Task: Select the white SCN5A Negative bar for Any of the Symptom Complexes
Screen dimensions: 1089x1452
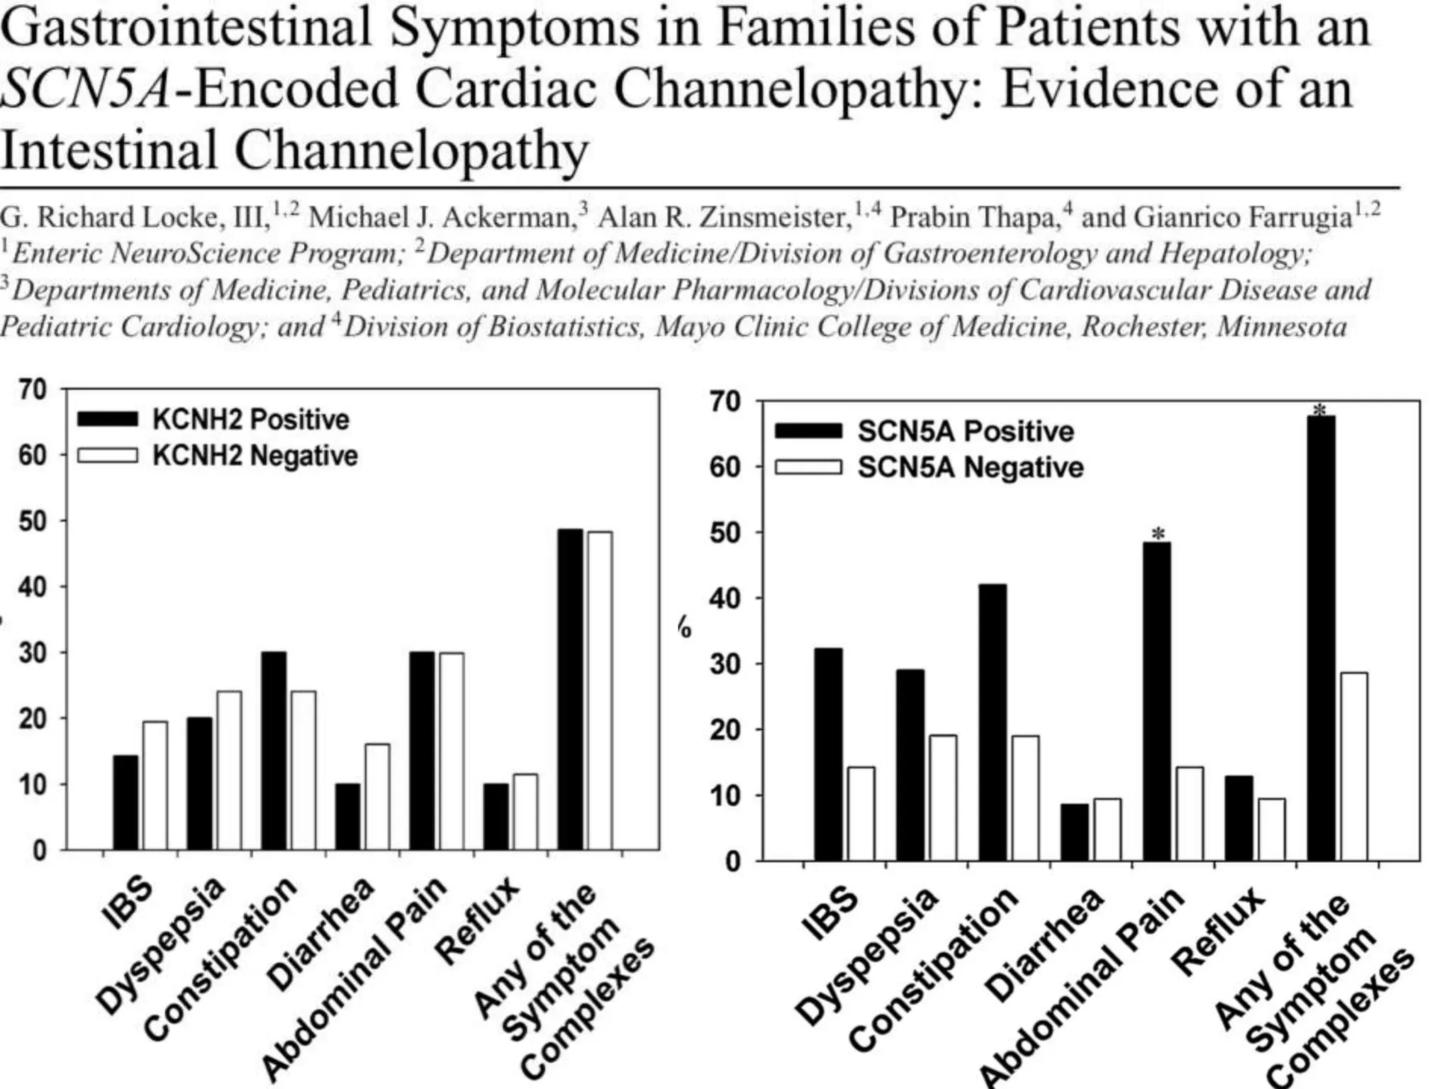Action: [1353, 766]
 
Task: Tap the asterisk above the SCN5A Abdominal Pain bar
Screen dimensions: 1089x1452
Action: [1158, 533]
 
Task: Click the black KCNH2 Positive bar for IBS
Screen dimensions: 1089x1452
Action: [125, 802]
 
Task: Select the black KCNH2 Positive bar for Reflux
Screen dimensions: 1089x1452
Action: [496, 816]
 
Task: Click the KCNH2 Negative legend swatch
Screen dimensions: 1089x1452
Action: [107, 455]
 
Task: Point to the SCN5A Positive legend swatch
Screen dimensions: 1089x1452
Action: [808, 431]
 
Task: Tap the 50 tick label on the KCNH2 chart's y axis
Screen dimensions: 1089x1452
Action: [33, 521]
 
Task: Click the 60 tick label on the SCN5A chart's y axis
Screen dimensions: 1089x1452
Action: [725, 467]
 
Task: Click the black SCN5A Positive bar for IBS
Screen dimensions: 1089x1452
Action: [828, 754]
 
